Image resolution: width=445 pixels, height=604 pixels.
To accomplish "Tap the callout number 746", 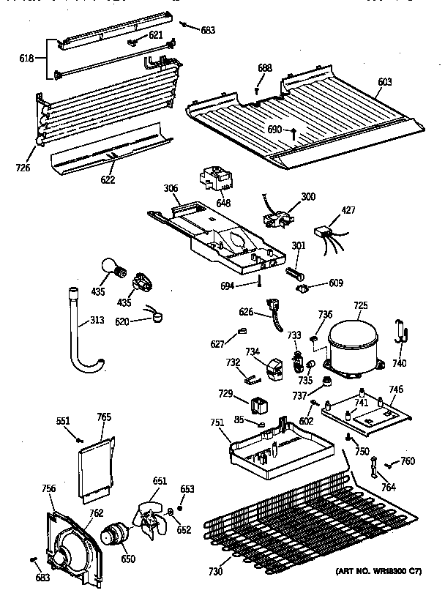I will click(396, 389).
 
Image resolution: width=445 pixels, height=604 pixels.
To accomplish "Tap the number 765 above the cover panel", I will click(104, 417).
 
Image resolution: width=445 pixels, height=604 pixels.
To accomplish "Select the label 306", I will click(170, 188).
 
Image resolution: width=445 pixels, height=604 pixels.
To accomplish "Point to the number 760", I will click(408, 461).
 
